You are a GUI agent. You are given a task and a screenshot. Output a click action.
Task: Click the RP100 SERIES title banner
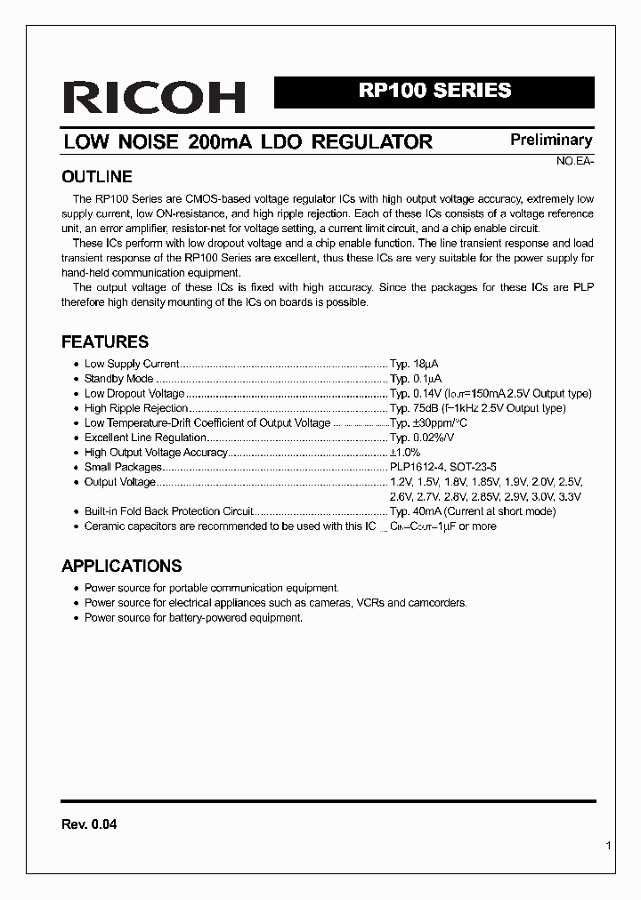pyautogui.click(x=434, y=91)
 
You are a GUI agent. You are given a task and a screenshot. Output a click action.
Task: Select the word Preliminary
pyautogui.click(x=550, y=140)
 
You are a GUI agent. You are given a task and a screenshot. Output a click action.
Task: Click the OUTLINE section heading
pyautogui.click(x=96, y=176)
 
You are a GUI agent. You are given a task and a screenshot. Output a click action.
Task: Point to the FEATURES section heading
pyautogui.click(x=104, y=342)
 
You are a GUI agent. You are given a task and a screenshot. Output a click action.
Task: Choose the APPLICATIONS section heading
pyautogui.click(x=121, y=566)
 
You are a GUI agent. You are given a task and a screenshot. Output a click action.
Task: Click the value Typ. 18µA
pyautogui.click(x=414, y=364)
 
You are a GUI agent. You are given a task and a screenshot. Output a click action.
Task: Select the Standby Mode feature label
pyautogui.click(x=119, y=379)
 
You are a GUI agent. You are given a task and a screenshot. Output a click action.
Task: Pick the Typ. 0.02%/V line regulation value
pyautogui.click(x=422, y=438)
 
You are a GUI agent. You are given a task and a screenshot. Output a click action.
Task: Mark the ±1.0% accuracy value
pyautogui.click(x=405, y=453)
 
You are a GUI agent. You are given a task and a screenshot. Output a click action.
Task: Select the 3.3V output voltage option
pyautogui.click(x=568, y=496)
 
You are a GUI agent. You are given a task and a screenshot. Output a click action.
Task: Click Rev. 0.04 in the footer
pyautogui.click(x=89, y=824)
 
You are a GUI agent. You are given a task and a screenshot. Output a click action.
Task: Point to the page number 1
pyautogui.click(x=608, y=847)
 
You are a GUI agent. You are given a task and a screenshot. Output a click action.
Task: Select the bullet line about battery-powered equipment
pyautogui.click(x=193, y=617)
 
